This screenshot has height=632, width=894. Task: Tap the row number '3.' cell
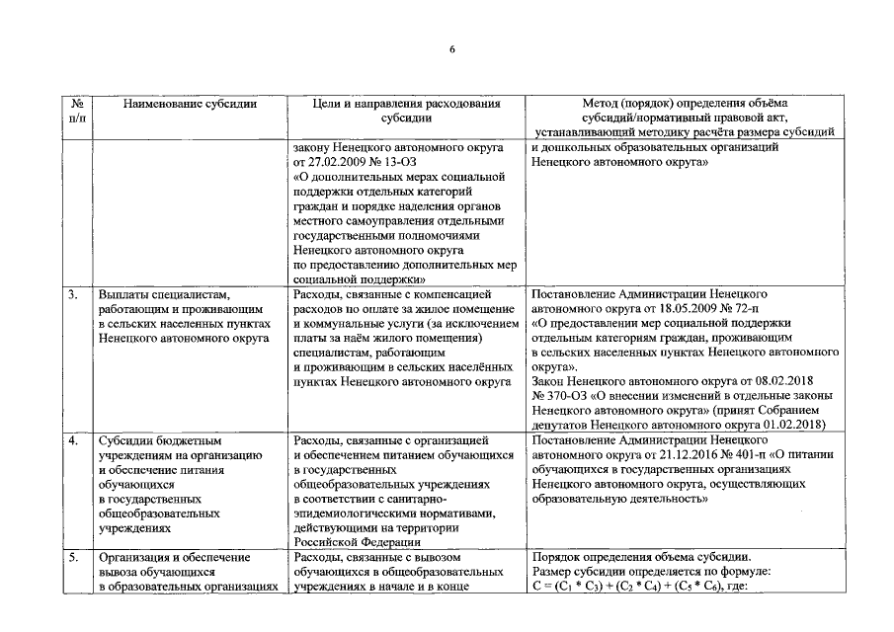coord(74,294)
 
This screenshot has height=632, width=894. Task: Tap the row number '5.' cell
coord(74,557)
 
